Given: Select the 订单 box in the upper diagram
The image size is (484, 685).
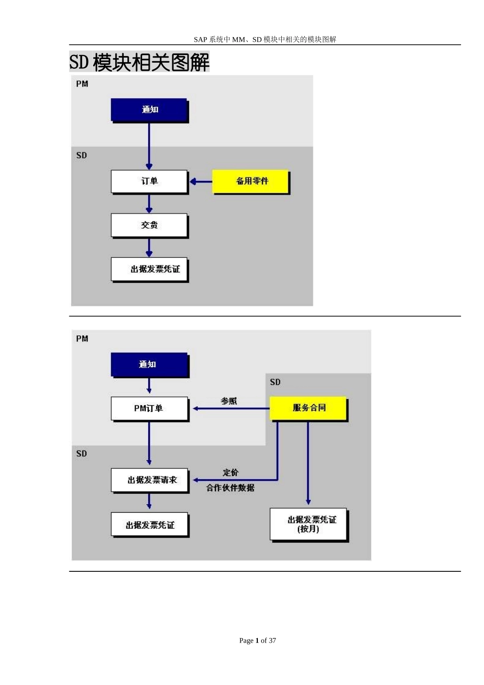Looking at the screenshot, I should coord(149,181).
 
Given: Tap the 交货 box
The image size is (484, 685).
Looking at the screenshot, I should coord(149,225).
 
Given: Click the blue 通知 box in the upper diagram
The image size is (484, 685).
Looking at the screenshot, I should coord(149,110).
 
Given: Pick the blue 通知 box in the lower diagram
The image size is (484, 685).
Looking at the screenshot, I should coord(149,364).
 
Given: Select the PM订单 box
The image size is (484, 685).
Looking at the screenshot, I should coord(149,408).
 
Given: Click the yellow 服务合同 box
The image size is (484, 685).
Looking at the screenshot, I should coord(308,408).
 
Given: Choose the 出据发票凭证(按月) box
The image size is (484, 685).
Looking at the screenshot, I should coord(308,524).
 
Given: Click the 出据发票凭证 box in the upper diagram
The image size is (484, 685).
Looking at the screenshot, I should coord(149,269).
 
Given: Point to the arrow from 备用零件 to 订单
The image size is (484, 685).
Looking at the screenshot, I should coord(201,181).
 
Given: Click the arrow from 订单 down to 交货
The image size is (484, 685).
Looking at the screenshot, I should coord(149,203).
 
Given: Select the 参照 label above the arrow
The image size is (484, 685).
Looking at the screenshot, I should coord(229,401).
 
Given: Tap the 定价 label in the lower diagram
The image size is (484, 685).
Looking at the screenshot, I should coord(230,472).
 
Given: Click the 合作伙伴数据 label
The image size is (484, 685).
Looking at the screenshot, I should coord(230,488).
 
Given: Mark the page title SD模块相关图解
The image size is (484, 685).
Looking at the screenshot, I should coord(139,62).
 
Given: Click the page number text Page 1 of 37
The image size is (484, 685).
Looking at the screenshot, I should coord(257,641).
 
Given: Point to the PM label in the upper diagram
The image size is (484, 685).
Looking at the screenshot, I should coord(82,84).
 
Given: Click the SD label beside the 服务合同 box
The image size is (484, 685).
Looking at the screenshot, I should coord(275,382).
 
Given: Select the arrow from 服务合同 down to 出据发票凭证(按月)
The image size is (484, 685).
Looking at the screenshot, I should coord(308,464).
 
